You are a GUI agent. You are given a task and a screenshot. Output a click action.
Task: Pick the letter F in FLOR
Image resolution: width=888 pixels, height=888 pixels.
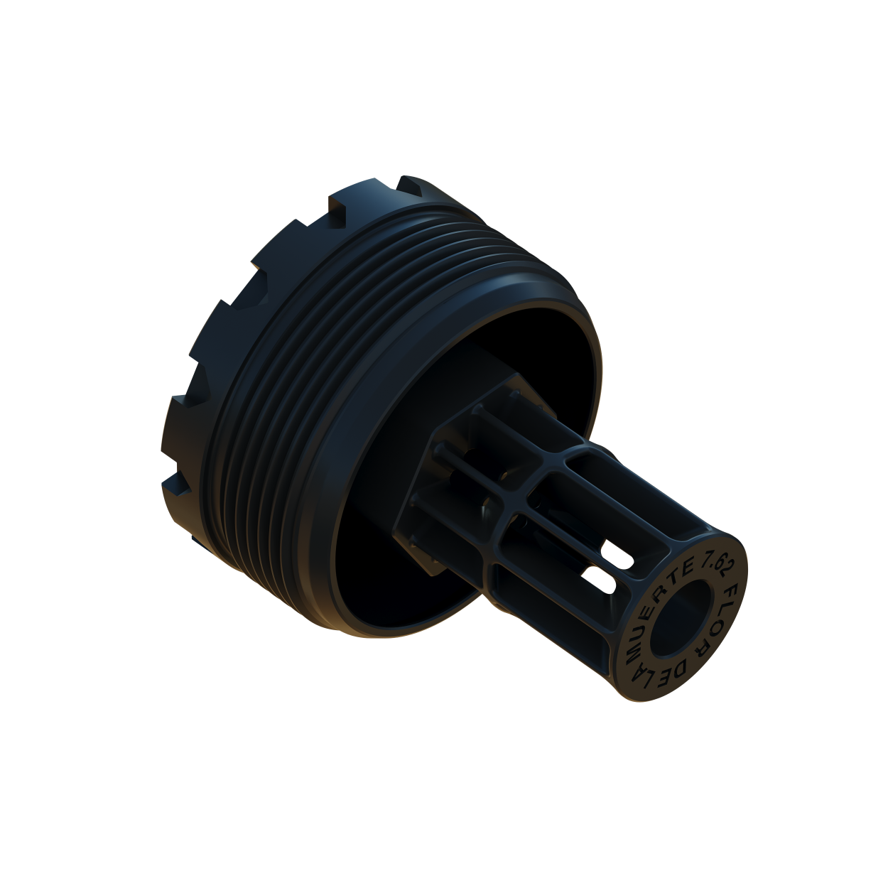732,593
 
